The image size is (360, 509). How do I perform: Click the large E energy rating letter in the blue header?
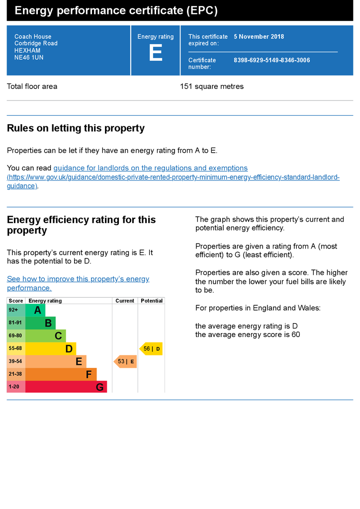[156, 53]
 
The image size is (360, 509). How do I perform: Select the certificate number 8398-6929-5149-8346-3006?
[271, 60]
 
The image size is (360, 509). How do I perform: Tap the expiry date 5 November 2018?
[259, 37]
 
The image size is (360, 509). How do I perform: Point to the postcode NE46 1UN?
[29, 58]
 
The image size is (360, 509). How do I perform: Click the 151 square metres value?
[212, 86]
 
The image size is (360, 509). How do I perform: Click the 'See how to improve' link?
[78, 283]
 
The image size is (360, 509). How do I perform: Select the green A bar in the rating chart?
[35, 310]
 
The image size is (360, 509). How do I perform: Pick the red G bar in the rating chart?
[66, 387]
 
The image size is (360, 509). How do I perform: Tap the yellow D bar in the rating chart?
[51, 348]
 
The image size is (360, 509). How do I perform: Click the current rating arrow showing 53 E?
[125, 361]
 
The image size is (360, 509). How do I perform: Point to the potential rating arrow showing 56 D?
[151, 348]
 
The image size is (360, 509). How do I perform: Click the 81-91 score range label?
[15, 323]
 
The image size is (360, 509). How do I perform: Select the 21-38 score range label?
[15, 374]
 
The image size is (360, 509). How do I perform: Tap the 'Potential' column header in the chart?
[152, 301]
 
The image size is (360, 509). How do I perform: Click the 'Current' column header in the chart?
[125, 301]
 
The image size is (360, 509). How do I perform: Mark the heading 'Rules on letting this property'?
[76, 128]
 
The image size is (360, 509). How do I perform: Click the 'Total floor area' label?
[32, 86]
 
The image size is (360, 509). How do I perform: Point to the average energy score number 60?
[296, 335]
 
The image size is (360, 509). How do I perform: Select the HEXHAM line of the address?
[27, 50]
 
